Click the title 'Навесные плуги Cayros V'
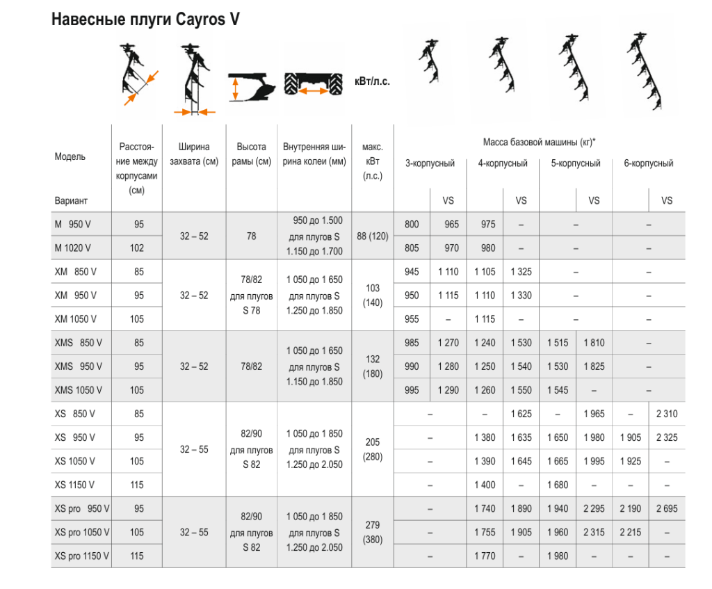(x=146, y=19)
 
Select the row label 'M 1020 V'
(x=72, y=248)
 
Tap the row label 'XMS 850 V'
(x=78, y=343)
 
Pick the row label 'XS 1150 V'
(x=74, y=485)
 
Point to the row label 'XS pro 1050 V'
(x=81, y=533)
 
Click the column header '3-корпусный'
(x=430, y=163)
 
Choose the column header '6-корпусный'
(x=648, y=163)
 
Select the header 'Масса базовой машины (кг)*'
(x=540, y=143)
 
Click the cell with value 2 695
(x=666, y=509)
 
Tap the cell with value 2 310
(x=666, y=414)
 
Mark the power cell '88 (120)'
(x=372, y=236)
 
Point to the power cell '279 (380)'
(x=372, y=533)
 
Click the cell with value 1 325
(x=520, y=272)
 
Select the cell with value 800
(x=412, y=225)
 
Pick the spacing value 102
(x=137, y=248)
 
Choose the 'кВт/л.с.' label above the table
(x=372, y=81)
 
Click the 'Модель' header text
(x=70, y=157)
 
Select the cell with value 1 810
(x=594, y=343)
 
